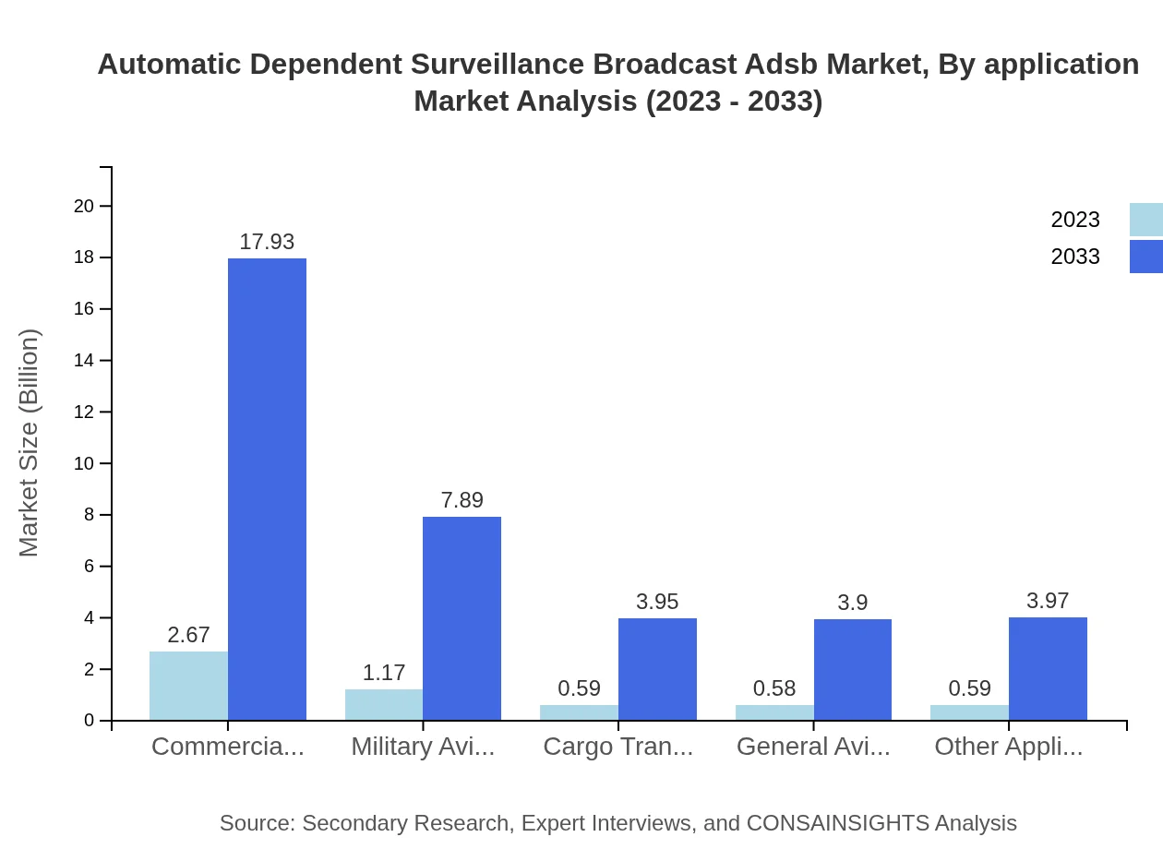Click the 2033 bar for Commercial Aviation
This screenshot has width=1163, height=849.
point(267,489)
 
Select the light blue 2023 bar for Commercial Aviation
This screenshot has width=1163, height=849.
point(188,686)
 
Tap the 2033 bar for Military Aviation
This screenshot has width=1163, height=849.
point(462,618)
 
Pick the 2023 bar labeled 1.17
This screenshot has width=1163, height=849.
point(384,704)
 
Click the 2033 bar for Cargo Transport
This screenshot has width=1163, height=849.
point(657,669)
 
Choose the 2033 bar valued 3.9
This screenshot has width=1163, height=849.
point(853,669)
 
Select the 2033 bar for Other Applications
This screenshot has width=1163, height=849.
point(1048,668)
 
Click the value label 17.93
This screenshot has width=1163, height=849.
point(267,242)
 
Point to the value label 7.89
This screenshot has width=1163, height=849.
point(462,500)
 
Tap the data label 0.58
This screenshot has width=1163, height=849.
point(774,688)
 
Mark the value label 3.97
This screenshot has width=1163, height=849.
point(1048,601)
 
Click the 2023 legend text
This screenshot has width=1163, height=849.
point(1075,220)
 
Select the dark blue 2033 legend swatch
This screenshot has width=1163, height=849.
point(1145,257)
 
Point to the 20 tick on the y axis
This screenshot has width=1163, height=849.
point(84,206)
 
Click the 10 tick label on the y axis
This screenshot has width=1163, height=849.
point(84,463)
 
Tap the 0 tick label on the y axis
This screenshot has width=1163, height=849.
point(90,721)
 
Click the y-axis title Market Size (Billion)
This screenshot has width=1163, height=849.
point(30,443)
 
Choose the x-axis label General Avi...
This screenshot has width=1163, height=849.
point(813,747)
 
